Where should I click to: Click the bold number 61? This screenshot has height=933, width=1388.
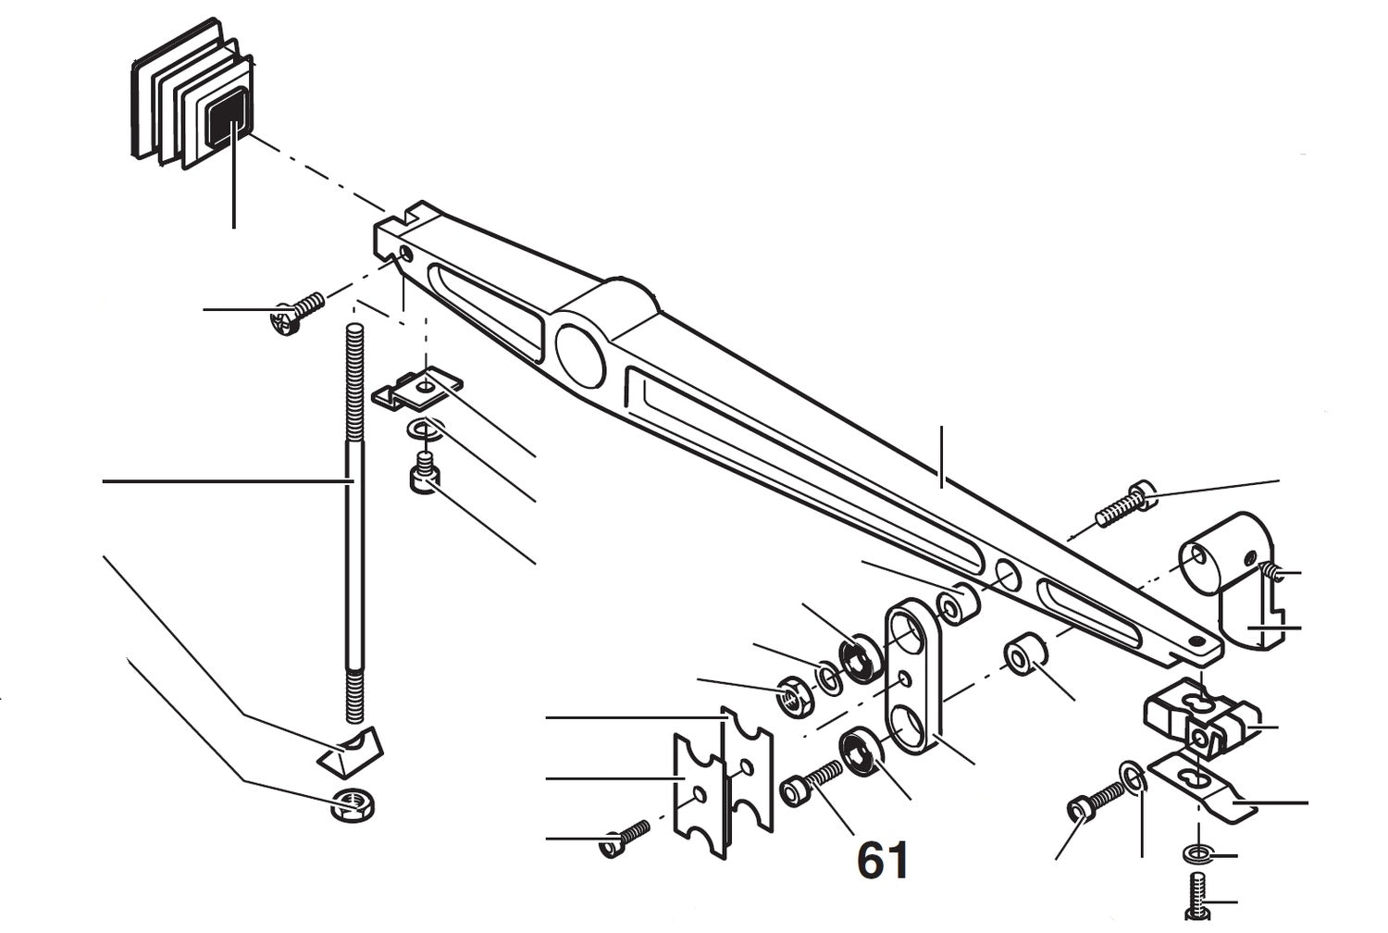click(x=883, y=861)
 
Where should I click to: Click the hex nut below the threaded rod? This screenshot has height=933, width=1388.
click(x=351, y=805)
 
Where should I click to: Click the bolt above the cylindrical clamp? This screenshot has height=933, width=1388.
click(x=1123, y=504)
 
